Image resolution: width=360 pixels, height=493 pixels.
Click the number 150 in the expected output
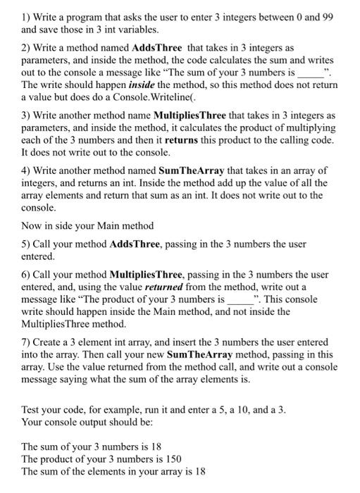[x=172, y=458]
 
